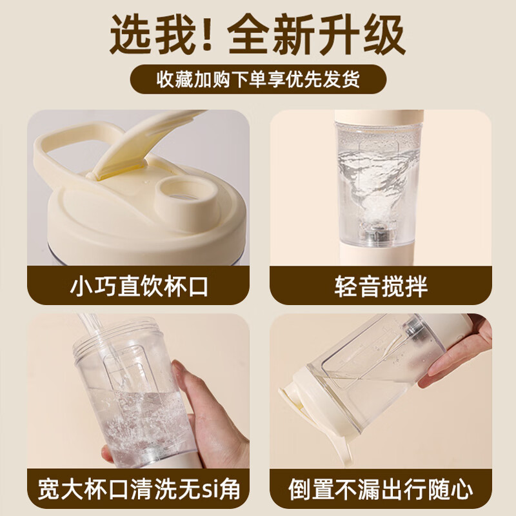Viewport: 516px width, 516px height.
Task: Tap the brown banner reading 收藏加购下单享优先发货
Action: pyautogui.click(x=258, y=81)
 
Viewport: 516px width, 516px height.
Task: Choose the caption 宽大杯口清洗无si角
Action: pyautogui.click(x=139, y=489)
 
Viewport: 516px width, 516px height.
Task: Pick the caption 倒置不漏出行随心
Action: pyautogui.click(x=381, y=489)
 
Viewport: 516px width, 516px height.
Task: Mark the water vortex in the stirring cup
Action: pyautogui.click(x=371, y=174)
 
